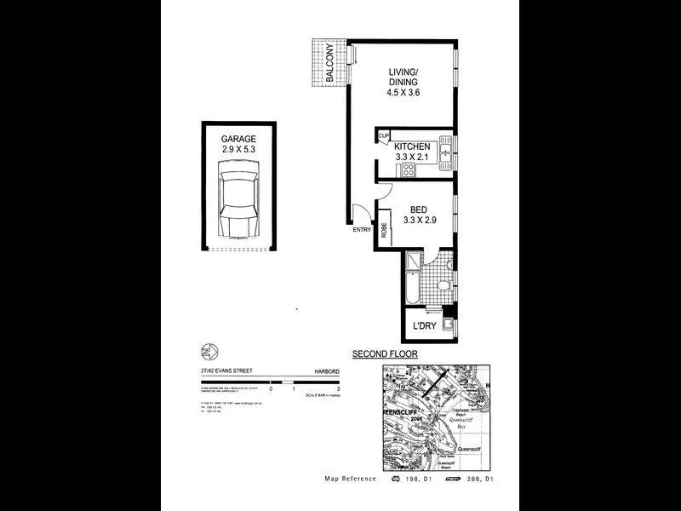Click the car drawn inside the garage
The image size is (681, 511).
tap(237, 205)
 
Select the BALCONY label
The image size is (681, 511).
tap(329, 64)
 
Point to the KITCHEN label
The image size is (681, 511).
tap(412, 146)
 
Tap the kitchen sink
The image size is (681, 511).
tap(445, 153)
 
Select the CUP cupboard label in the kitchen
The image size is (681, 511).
tap(383, 136)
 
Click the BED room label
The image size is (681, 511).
tap(419, 210)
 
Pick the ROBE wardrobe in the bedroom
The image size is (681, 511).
tap(384, 227)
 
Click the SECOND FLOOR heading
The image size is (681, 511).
tap(385, 353)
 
